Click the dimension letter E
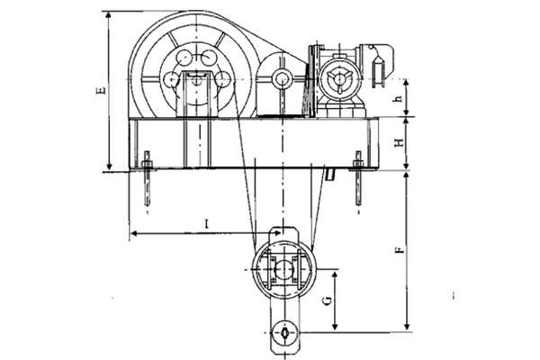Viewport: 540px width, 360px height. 101,91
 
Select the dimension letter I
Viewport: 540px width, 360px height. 207,224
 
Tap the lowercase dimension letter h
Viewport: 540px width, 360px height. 399,98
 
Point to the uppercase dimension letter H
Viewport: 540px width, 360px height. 399,142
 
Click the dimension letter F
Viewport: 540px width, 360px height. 400,250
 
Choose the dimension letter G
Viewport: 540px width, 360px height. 328,301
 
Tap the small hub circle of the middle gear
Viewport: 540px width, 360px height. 282,79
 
